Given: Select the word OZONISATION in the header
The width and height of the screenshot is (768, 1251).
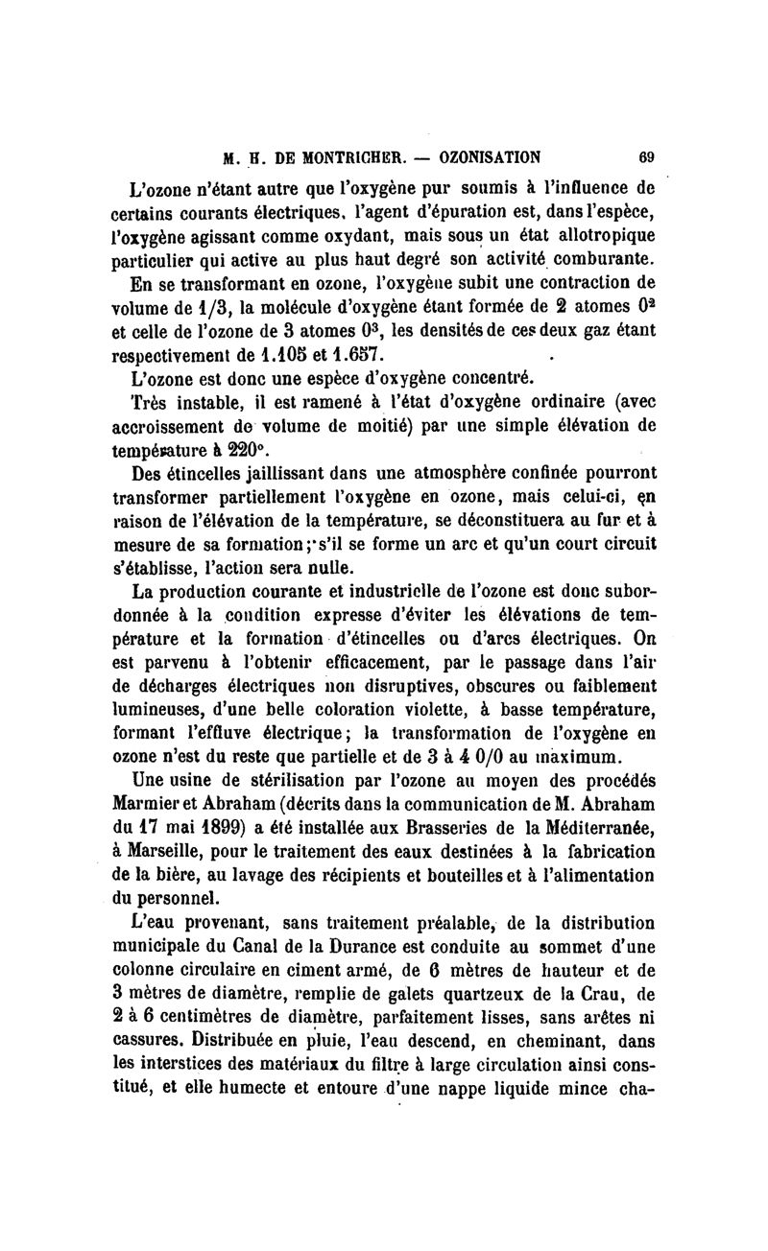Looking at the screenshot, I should tap(486, 156).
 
